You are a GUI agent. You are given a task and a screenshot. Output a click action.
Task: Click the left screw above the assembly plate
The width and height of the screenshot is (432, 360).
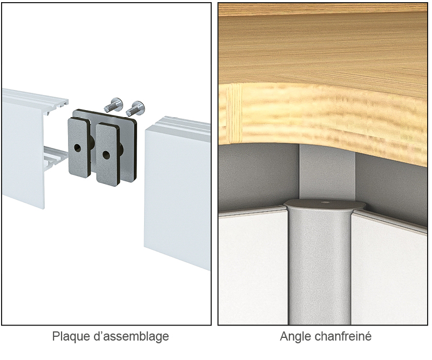click(x=113, y=104)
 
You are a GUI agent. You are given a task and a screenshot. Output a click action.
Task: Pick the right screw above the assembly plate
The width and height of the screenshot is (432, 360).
click(x=135, y=108)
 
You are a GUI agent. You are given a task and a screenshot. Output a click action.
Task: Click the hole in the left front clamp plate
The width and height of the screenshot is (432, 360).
click(x=78, y=148)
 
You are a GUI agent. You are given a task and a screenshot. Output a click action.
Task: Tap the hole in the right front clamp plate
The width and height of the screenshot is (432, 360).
click(x=106, y=154)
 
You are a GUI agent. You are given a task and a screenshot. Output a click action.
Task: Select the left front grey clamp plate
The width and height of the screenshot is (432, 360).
click(x=79, y=147)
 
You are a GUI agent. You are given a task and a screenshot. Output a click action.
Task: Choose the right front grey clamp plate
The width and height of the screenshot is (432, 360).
click(x=107, y=154)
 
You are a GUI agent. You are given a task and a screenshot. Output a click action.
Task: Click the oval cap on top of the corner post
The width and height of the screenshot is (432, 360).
click(x=325, y=205)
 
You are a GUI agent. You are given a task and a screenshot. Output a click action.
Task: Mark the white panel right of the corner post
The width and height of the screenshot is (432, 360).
click(x=389, y=269)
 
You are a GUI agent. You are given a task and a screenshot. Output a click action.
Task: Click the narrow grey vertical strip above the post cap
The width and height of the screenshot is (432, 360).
click(x=327, y=172)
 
